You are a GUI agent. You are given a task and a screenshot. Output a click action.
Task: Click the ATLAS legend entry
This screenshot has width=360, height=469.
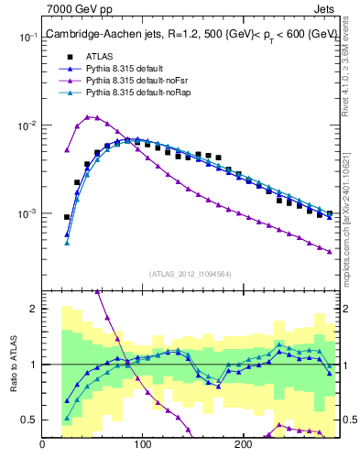(x=101, y=57)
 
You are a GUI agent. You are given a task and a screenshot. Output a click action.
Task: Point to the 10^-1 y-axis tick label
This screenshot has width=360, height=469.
(x=27, y=38)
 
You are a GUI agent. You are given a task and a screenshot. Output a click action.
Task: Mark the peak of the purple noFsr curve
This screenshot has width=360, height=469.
(x=87, y=116)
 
